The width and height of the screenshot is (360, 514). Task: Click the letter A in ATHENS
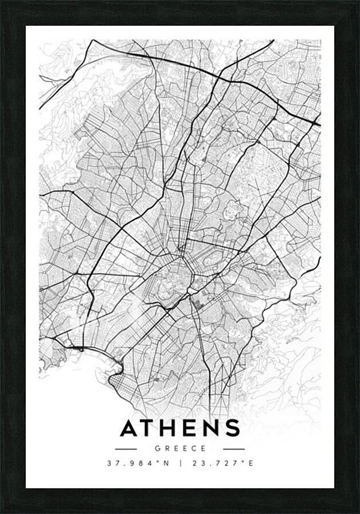pyautogui.click(x=130, y=428)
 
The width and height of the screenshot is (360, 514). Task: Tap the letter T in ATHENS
pyautogui.click(x=150, y=428)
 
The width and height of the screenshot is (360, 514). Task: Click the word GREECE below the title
pyautogui.click(x=180, y=449)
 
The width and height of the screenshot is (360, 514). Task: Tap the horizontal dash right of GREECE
pyautogui.click(x=234, y=449)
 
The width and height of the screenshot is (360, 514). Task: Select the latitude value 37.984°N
pyautogui.click(x=139, y=463)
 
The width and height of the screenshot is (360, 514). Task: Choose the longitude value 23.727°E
pyautogui.click(x=222, y=463)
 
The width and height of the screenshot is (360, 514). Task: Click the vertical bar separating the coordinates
pyautogui.click(x=181, y=463)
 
